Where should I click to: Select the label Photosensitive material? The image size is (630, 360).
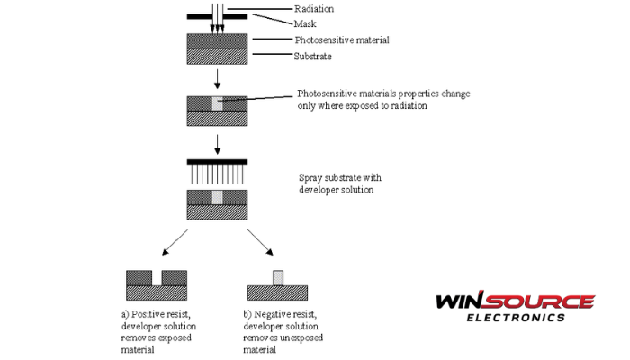point(330,40)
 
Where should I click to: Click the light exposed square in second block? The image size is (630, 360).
point(217,104)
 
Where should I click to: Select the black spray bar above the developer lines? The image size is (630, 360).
point(217,160)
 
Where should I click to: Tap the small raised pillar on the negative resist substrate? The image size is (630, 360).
point(278,275)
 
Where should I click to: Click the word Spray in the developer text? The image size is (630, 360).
point(311,178)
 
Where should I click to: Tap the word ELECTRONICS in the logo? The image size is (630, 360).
point(515,317)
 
